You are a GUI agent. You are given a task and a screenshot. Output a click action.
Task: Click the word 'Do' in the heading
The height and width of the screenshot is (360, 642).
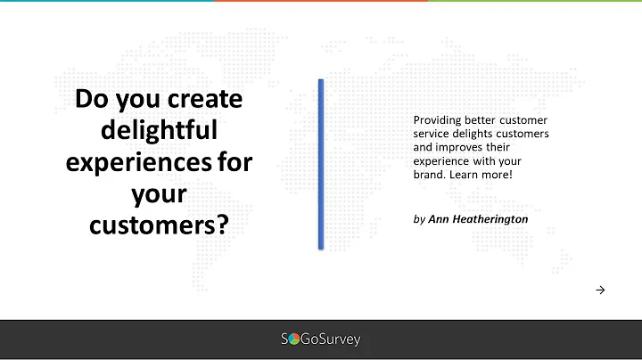pyautogui.click(x=91, y=99)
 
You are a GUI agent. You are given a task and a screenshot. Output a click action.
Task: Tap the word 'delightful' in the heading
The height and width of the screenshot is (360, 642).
pyautogui.click(x=159, y=130)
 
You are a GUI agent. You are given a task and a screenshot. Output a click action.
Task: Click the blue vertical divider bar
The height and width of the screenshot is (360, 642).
pyautogui.click(x=321, y=163)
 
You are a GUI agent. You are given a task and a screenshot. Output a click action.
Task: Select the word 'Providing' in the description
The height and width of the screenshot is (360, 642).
pyautogui.click(x=439, y=120)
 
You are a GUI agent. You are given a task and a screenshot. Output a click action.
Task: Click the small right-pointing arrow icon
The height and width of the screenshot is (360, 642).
pyautogui.click(x=600, y=290)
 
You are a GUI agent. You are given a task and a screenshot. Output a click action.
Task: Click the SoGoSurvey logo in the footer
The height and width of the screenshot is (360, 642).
pyautogui.click(x=321, y=340)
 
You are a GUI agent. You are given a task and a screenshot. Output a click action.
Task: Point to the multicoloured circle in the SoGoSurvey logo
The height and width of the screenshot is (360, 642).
pyautogui.click(x=294, y=340)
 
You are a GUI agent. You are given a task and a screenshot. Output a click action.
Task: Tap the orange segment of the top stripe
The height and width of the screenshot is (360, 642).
pyautogui.click(x=321, y=1)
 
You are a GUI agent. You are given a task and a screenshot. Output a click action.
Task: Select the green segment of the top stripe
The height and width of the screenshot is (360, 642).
pyautogui.click(x=535, y=1)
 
